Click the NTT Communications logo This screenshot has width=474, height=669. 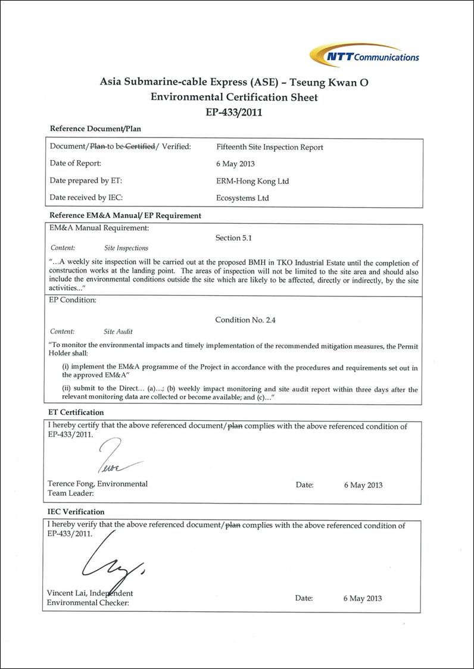pos(364,55)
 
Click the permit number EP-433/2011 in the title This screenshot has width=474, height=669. pos(234,111)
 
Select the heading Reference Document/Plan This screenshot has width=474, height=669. pos(95,128)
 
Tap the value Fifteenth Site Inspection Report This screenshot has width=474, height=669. pos(270,147)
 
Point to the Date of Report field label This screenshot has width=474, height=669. pos(76,163)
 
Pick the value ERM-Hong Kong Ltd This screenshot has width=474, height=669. pos(252,181)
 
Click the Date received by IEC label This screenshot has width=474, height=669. pos(86,198)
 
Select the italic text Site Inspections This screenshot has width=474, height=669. pos(126,248)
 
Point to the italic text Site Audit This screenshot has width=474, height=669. pos(118,332)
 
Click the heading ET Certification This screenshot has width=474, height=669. pos(76,412)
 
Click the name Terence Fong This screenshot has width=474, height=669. pos(74,484)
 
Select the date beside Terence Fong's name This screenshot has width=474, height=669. pos(363,485)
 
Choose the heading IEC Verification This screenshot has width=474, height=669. pos(76,511)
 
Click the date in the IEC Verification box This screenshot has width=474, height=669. pos(363,598)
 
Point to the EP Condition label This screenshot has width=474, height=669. pos(72,300)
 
